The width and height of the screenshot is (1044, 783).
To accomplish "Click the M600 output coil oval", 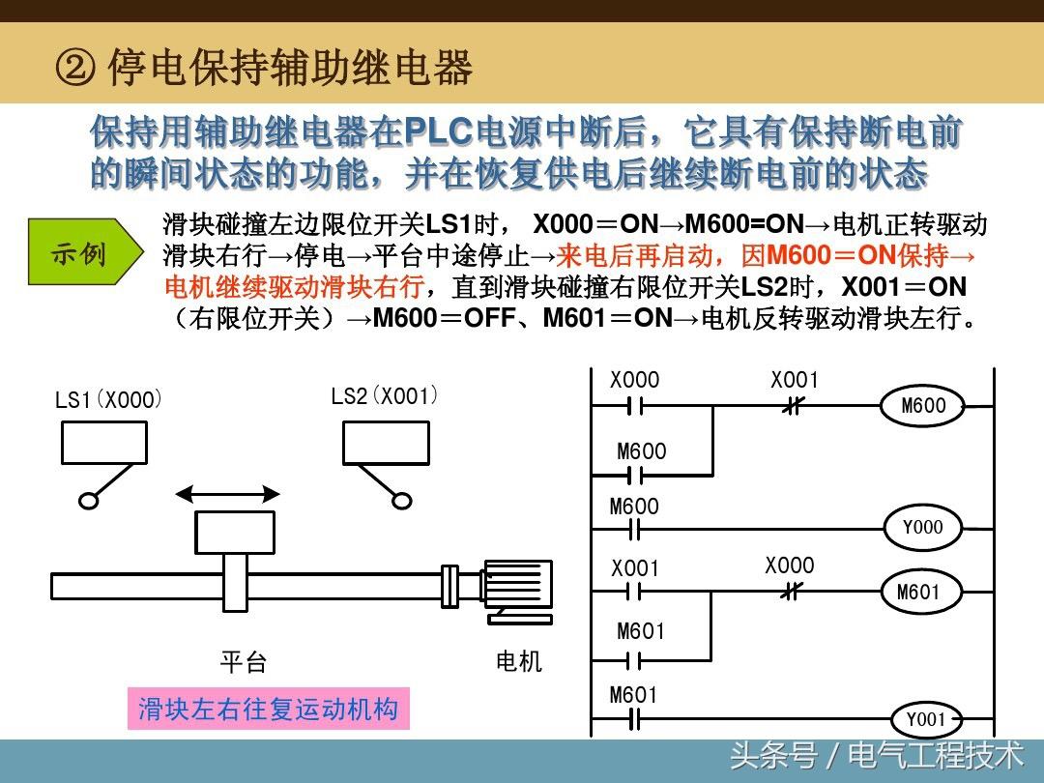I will [923, 406].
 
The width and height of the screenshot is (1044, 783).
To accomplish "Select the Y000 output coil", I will [922, 528].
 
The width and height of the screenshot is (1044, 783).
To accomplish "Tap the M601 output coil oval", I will [917, 592].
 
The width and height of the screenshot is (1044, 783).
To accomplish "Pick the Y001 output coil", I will [925, 720].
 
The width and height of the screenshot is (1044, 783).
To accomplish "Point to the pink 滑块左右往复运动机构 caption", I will [268, 709].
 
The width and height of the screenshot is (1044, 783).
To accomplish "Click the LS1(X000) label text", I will [108, 399].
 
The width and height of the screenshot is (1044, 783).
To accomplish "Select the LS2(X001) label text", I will [385, 396].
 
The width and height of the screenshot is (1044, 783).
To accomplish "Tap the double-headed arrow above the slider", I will [228, 495].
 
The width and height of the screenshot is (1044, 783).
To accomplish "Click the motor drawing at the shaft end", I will [516, 588].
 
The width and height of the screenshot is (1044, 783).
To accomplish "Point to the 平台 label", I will [243, 662].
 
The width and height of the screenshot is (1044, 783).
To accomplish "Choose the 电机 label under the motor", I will [519, 661].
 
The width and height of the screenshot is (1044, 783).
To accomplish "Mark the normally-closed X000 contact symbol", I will [790, 592].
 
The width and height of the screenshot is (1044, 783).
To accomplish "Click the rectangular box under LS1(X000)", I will [104, 443].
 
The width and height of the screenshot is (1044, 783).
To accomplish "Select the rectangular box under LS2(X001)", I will [386, 443].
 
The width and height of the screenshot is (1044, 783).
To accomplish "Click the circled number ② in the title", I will [75, 69].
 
